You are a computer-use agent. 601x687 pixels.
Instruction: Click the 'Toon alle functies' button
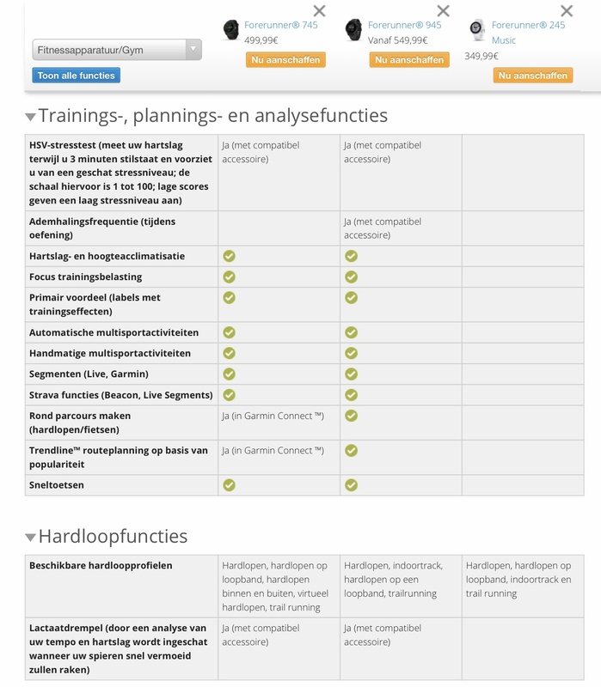(77, 76)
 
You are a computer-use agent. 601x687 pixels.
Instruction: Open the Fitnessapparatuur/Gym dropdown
(117, 50)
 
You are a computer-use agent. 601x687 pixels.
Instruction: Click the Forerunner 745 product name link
(280, 25)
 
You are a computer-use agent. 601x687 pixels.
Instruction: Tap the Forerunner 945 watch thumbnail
(354, 30)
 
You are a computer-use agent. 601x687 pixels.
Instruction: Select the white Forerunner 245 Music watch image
(477, 30)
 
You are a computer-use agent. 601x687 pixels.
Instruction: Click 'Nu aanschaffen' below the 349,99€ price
(532, 76)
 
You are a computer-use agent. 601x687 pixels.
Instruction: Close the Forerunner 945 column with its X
(443, 11)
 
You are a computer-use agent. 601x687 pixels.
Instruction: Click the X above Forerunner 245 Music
(566, 11)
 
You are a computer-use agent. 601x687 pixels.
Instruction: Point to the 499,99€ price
(261, 40)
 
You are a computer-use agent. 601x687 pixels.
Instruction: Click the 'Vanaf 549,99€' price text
(397, 40)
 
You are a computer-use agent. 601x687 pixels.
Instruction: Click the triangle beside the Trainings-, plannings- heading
(31, 117)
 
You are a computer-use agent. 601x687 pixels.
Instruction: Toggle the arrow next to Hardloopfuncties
(31, 538)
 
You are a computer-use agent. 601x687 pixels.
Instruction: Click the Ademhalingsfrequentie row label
(102, 228)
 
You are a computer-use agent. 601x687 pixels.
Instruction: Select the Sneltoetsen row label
(57, 485)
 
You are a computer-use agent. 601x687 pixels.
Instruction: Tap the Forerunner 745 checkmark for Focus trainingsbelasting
(229, 277)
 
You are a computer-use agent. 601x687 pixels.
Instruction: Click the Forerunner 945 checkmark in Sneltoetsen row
(351, 485)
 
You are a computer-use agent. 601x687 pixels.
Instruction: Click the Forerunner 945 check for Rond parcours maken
(351, 416)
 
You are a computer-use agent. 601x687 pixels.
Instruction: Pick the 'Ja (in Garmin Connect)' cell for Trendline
(273, 451)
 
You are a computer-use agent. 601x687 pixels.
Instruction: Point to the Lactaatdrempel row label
(118, 648)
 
